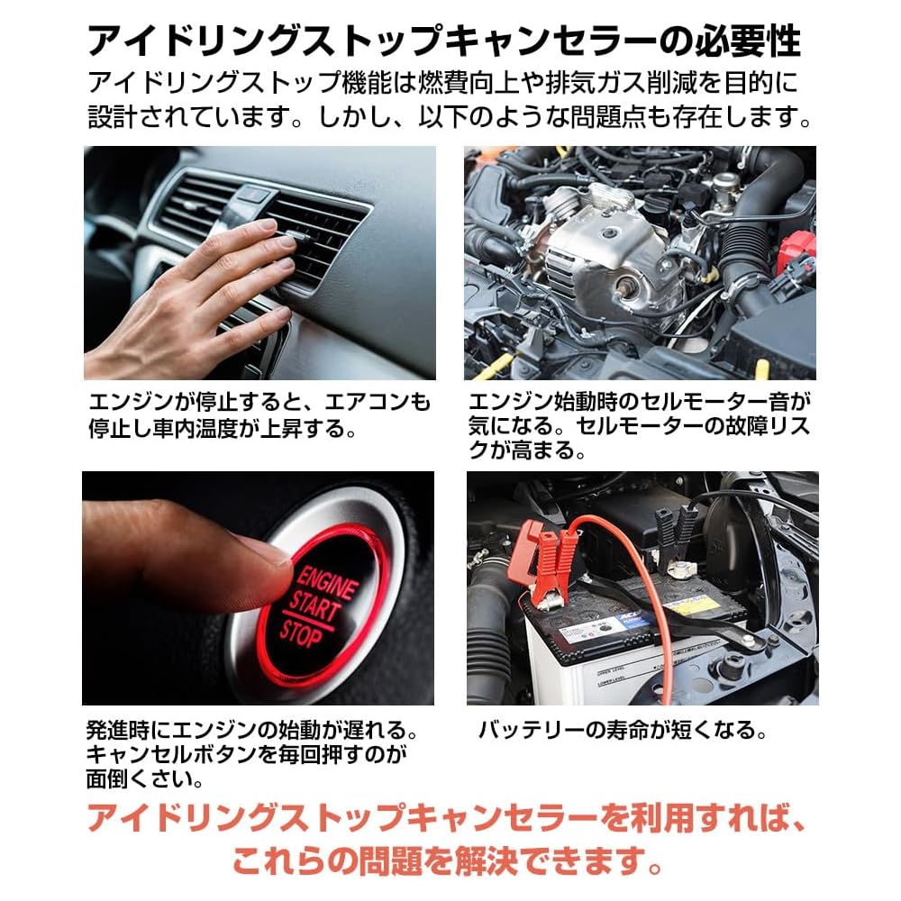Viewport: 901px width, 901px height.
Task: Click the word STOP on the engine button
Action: [x=301, y=632]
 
